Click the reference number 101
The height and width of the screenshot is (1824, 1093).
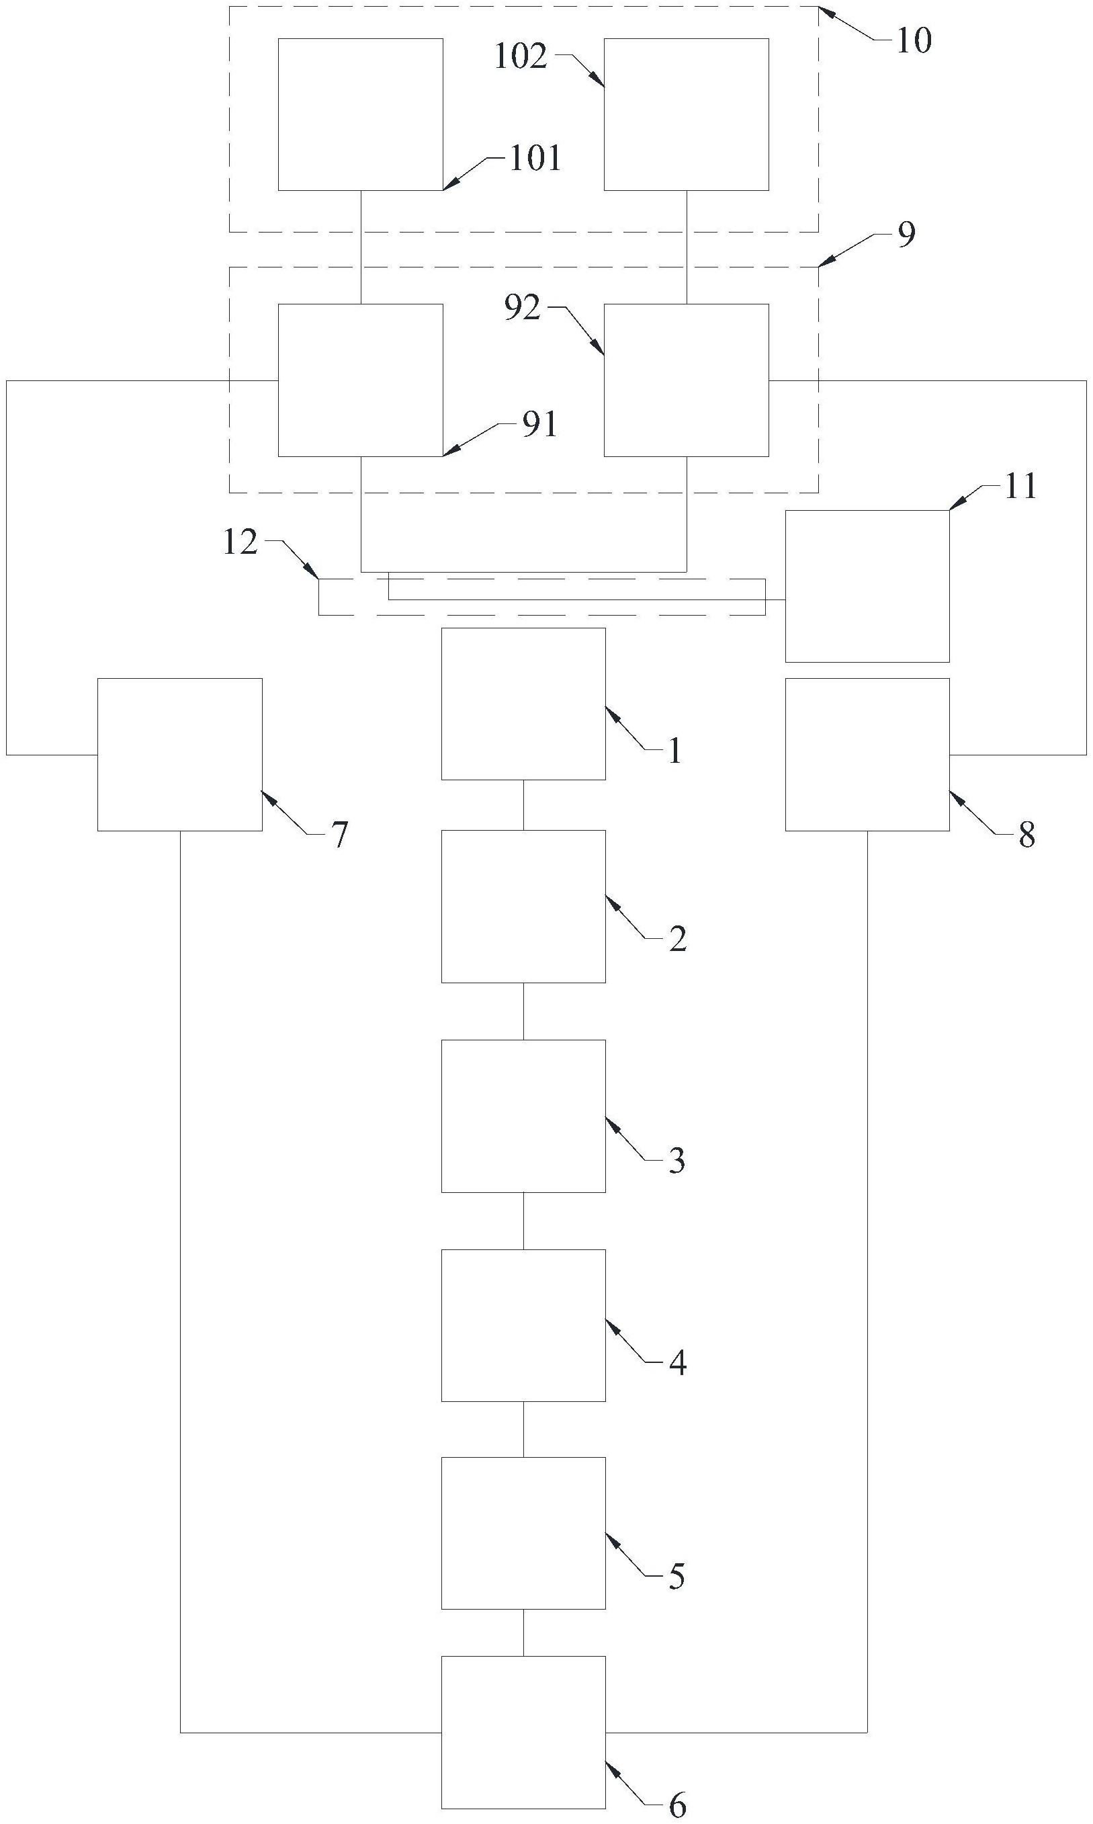pyautogui.click(x=535, y=159)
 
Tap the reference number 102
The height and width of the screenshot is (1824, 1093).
pyautogui.click(x=521, y=56)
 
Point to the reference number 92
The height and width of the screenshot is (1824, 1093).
pyautogui.click(x=522, y=308)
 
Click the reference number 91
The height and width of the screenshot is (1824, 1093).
pyautogui.click(x=539, y=425)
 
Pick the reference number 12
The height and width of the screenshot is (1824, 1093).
pyautogui.click(x=240, y=542)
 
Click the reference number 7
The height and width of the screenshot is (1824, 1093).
pyautogui.click(x=339, y=835)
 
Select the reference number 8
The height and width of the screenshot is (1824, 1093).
pyautogui.click(x=1026, y=835)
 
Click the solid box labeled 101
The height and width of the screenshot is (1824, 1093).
pyautogui.click(x=360, y=114)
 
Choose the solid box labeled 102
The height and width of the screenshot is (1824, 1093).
pyautogui.click(x=687, y=114)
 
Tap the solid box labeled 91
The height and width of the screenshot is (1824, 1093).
pyautogui.click(x=360, y=380)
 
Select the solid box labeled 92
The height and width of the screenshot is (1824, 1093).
pyautogui.click(x=687, y=380)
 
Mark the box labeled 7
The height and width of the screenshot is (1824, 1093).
pyautogui.click(x=180, y=754)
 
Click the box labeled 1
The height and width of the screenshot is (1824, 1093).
pyautogui.click(x=524, y=704)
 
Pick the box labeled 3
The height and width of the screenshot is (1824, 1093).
pyautogui.click(x=524, y=1116)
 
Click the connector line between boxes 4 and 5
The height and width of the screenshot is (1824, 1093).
pyautogui.click(x=524, y=1429)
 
